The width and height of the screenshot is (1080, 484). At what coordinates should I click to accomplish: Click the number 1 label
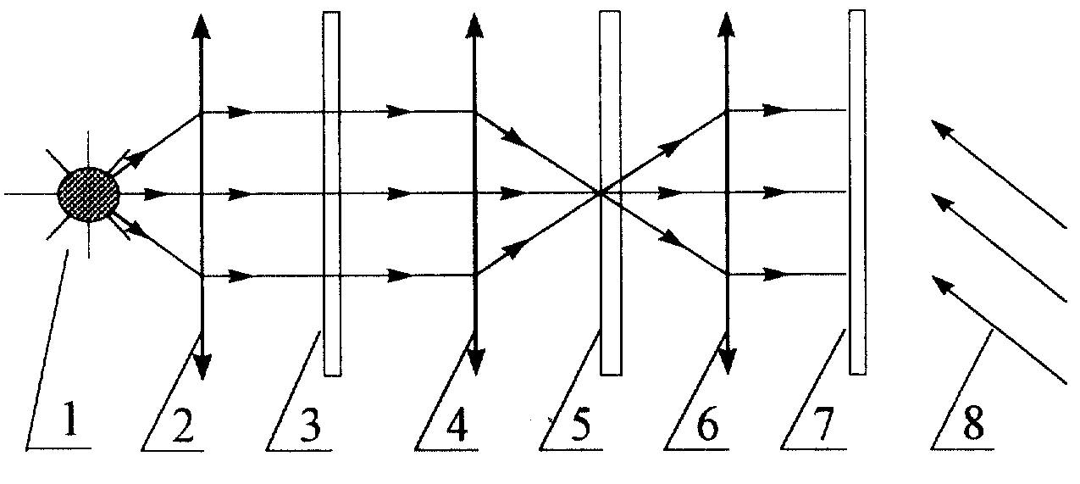tap(71, 420)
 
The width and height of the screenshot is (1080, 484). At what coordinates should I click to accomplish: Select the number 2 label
tap(183, 425)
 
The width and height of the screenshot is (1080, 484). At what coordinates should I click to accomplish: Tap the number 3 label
tap(310, 425)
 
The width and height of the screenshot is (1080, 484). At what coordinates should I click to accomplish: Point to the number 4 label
tap(456, 425)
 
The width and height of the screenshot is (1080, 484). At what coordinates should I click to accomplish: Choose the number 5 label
tap(580, 425)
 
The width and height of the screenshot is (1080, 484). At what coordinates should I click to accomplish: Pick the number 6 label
tap(708, 425)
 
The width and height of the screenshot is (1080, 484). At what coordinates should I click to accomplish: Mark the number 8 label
tap(973, 425)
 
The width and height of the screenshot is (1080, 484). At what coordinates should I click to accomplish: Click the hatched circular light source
tap(89, 194)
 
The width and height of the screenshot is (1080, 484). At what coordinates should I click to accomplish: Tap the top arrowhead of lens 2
tap(201, 25)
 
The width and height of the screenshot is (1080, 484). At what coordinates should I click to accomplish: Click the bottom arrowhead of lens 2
tap(202, 367)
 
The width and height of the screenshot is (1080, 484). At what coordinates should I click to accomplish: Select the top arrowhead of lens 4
tap(474, 25)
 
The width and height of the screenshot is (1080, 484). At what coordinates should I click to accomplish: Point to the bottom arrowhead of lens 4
tap(475, 363)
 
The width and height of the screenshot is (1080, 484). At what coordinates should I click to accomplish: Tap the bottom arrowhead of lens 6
tap(728, 362)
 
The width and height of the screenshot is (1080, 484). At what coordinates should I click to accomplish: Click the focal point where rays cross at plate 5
tap(601, 193)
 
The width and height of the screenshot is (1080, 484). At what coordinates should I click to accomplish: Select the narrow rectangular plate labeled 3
tap(332, 193)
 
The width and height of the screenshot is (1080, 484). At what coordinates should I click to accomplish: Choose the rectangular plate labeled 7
tap(857, 192)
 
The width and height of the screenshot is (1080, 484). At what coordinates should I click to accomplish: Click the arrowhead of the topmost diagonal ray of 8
tap(942, 128)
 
